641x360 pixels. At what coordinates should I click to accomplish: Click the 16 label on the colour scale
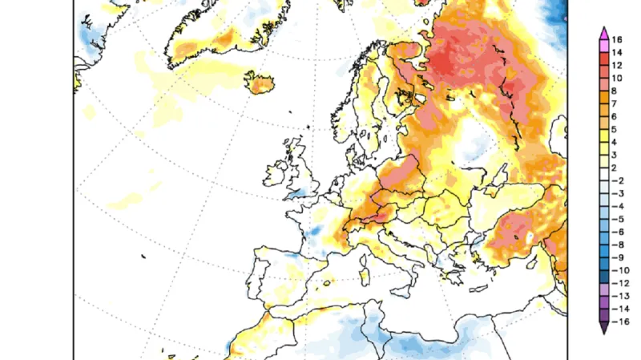coord(618,39)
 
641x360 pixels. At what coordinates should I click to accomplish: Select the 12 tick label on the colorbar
coord(618,65)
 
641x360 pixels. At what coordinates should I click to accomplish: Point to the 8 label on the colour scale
coord(618,91)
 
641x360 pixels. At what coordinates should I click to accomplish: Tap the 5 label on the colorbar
coord(618,129)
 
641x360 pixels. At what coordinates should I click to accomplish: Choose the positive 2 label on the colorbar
coord(618,168)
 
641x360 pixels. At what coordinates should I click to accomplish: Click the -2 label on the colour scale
coord(618,180)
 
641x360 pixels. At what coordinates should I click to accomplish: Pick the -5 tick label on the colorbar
coord(618,218)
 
